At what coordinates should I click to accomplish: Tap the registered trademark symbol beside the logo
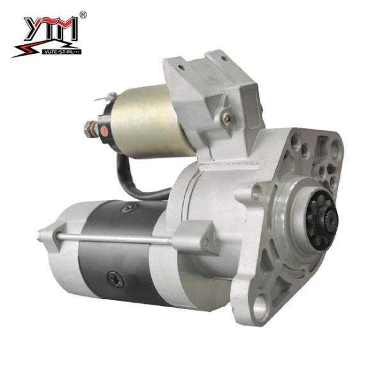coord(83,14)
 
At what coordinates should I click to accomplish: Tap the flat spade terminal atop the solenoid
coord(102,97)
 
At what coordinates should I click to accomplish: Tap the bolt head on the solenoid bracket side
coord(225,118)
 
